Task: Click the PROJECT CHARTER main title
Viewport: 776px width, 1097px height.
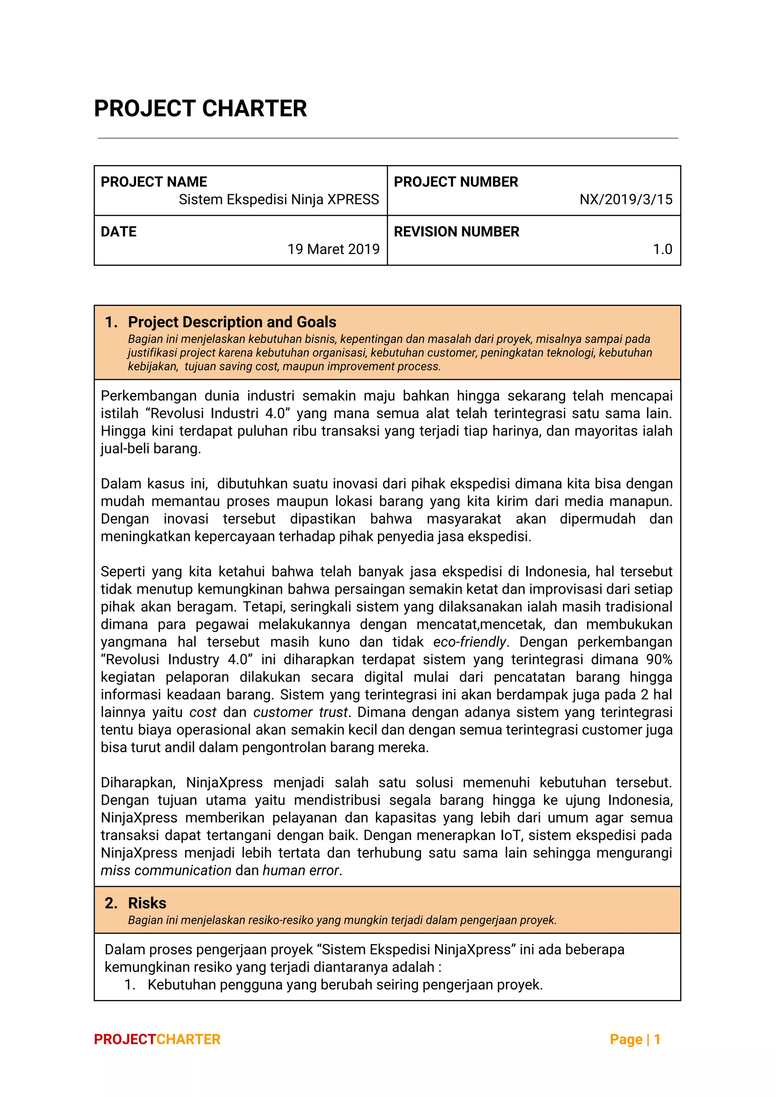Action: pos(200,108)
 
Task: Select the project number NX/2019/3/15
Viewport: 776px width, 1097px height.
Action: pos(626,199)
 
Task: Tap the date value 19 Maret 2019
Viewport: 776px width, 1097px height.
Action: pos(333,249)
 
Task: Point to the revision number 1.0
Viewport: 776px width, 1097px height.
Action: pos(662,249)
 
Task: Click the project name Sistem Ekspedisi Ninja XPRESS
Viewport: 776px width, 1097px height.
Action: pos(279,199)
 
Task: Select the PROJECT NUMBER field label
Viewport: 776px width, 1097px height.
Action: pos(456,181)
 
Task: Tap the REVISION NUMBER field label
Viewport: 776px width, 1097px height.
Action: pos(456,231)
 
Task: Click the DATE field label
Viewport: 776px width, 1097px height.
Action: pos(119,231)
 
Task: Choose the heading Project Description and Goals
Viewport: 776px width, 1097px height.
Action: pos(232,321)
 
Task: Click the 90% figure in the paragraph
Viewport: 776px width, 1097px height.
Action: pos(659,659)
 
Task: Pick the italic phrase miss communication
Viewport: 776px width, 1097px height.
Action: pos(166,870)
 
